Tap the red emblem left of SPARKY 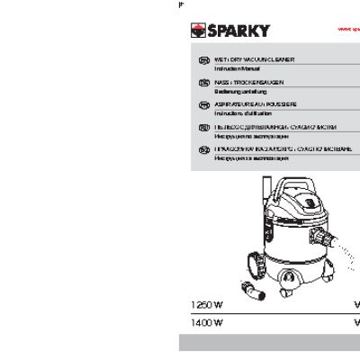tap(196, 31)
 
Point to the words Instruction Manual tap(233, 69)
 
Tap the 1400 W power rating tap(206, 321)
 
